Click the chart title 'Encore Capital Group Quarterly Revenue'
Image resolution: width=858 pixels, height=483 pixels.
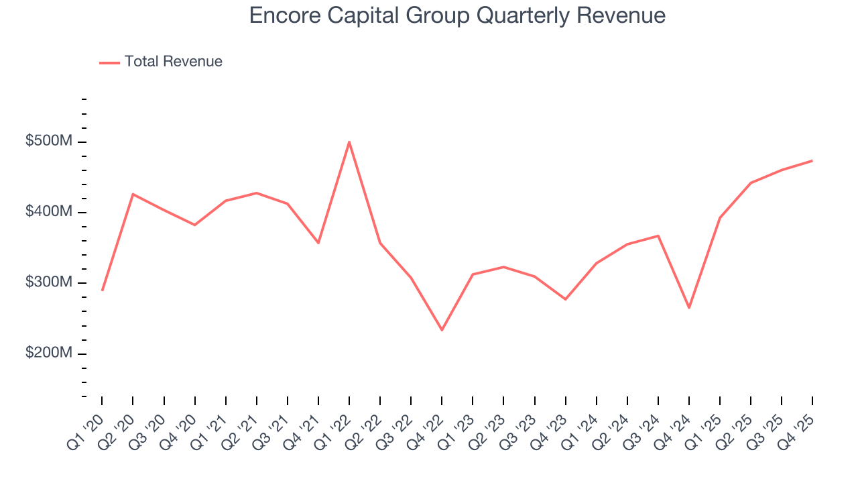point(457,16)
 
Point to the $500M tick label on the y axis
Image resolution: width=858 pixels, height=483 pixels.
point(48,142)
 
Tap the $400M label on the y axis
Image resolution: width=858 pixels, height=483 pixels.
point(48,212)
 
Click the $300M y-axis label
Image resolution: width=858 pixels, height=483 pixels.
point(48,282)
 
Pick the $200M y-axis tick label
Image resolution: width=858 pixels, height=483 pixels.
point(48,353)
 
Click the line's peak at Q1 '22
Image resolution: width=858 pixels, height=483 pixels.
point(349,142)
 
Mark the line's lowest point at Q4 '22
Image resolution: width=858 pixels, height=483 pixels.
point(442,330)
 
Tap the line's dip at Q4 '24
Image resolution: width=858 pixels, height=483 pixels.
point(688,308)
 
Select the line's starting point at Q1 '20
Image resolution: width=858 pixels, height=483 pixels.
point(102,290)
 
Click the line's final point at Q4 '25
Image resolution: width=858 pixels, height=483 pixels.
point(812,160)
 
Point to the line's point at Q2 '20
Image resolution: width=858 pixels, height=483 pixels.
point(133,195)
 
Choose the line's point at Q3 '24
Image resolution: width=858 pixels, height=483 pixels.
point(658,235)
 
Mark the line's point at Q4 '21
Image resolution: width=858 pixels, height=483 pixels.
point(318,243)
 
